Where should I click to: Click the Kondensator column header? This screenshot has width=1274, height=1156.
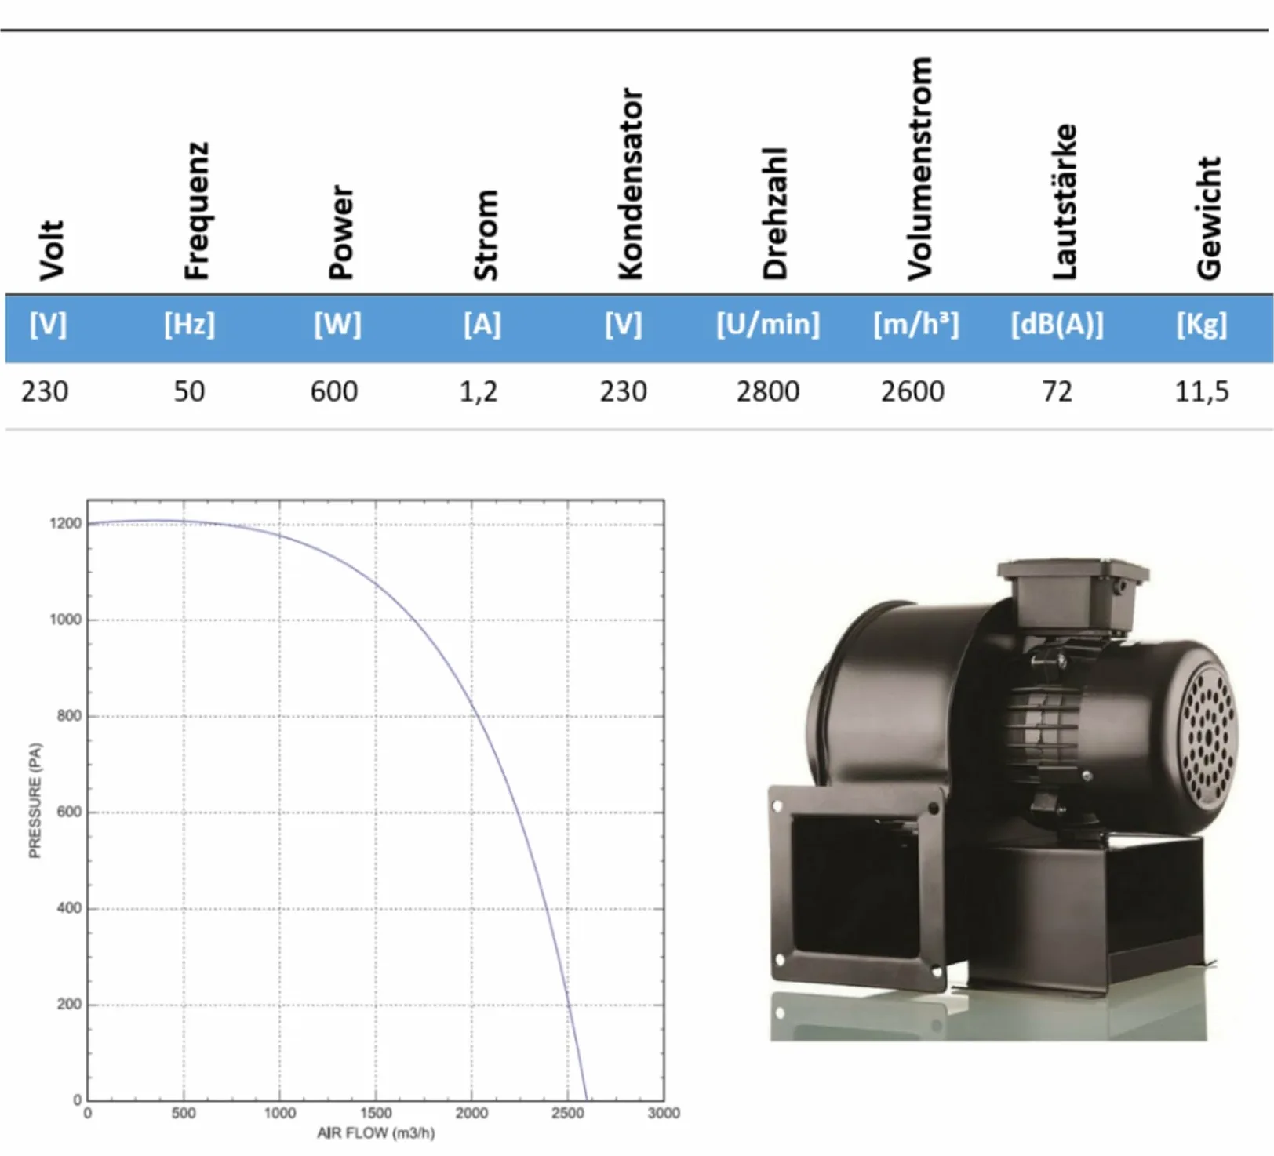[630, 184]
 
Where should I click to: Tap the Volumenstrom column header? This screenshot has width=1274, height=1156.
[919, 168]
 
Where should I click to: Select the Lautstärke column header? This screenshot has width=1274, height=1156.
[1064, 202]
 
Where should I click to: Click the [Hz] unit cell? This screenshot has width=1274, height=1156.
[189, 324]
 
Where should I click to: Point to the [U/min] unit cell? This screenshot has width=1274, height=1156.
[767, 324]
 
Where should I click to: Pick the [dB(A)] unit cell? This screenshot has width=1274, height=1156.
[1057, 324]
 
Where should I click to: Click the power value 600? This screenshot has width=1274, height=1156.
[334, 391]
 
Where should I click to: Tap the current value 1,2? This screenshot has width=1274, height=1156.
[479, 391]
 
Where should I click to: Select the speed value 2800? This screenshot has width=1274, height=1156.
[767, 391]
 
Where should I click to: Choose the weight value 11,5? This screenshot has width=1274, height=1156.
[1201, 391]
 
